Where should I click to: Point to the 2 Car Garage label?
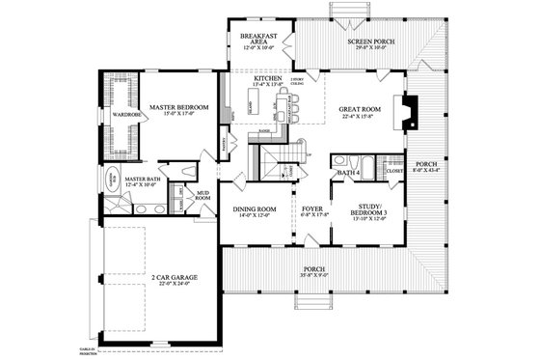tap(174, 277)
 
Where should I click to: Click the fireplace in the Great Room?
tap(410, 111)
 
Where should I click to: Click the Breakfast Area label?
tap(258, 39)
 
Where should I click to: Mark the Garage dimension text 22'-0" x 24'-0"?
tap(174, 284)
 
